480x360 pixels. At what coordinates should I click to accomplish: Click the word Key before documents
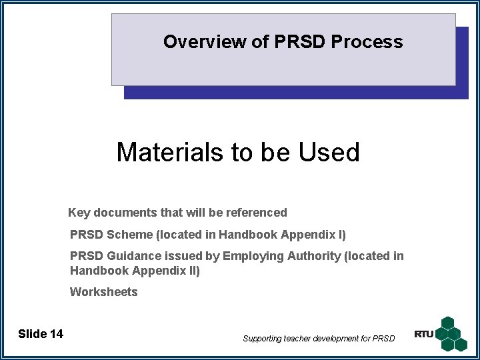click(79, 213)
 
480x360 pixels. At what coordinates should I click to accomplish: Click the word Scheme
click(129, 235)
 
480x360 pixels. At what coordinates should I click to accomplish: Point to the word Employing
click(249, 256)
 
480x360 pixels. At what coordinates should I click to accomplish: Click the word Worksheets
click(103, 292)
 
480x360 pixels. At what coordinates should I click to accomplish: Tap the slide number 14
click(56, 334)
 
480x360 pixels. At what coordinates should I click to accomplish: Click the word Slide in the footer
click(31, 334)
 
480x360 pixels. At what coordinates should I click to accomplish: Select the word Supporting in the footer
click(263, 339)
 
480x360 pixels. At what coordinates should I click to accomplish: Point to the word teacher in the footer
click(298, 339)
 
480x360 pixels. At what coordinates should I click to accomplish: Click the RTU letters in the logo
click(423, 334)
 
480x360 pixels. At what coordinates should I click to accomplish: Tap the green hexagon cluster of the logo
click(452, 333)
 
